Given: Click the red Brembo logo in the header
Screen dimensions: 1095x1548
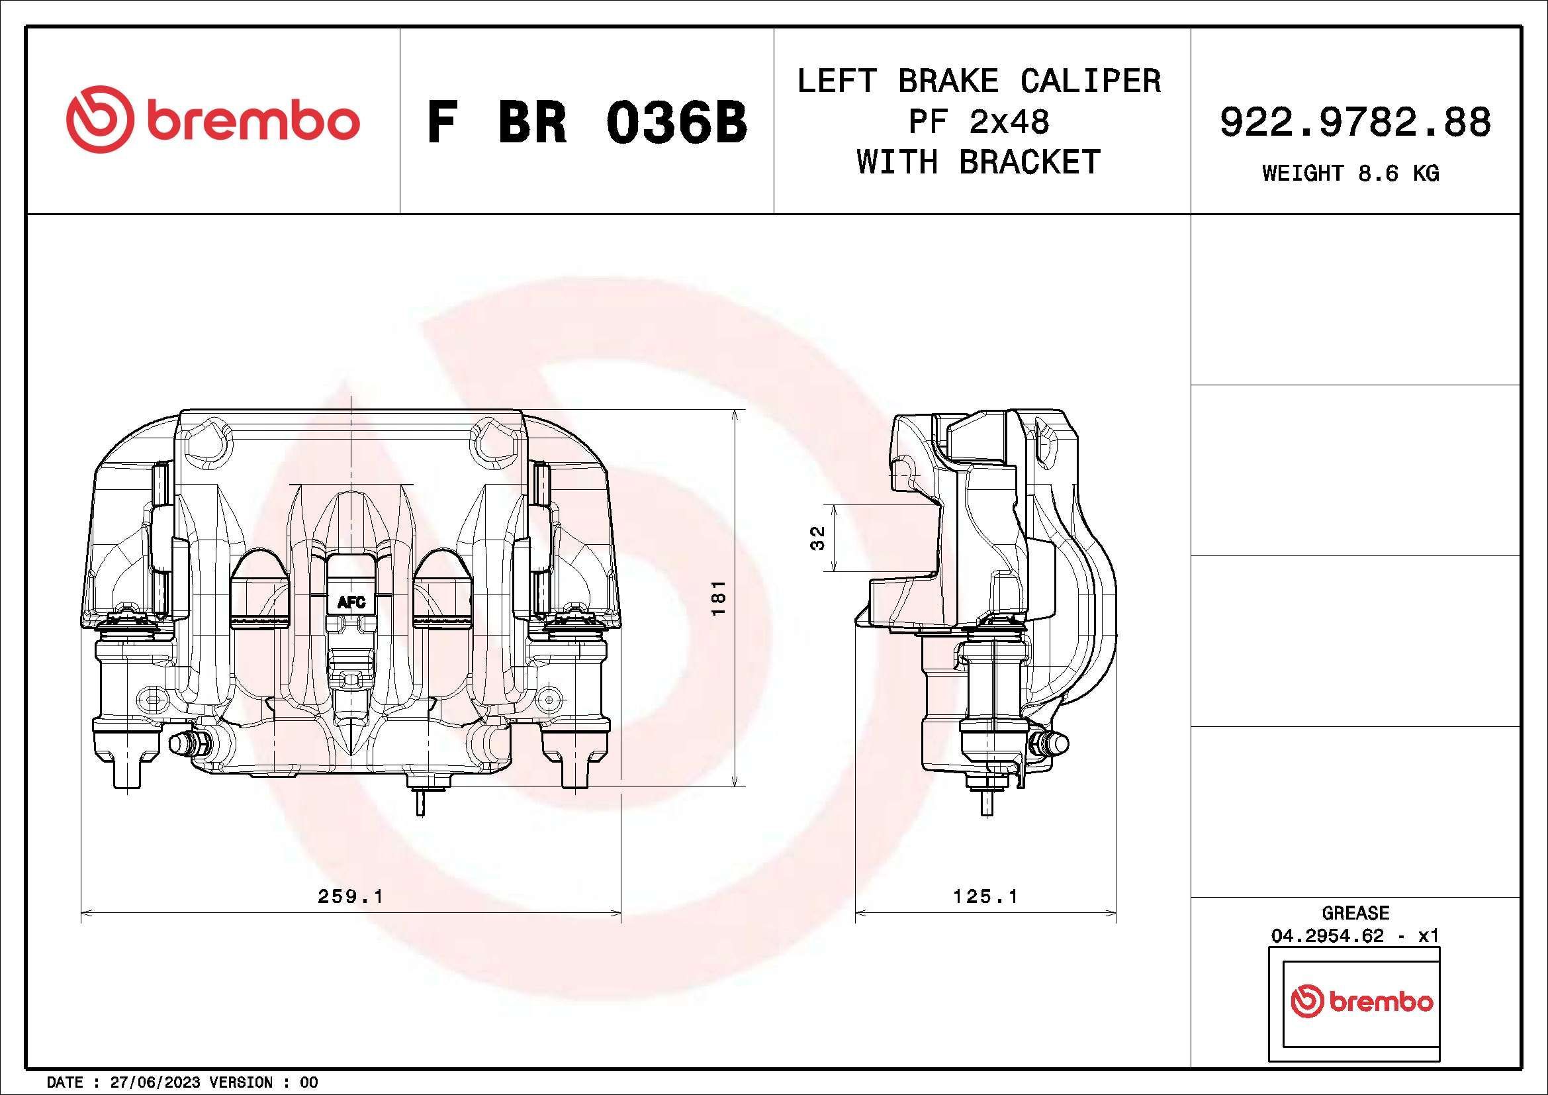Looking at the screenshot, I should pyautogui.click(x=213, y=119).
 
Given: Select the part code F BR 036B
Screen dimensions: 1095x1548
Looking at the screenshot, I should pyautogui.click(x=587, y=122).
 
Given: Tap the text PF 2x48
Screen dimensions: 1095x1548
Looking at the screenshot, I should pyautogui.click(x=979, y=122).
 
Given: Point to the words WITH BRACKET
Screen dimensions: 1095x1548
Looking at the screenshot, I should pyautogui.click(x=979, y=162).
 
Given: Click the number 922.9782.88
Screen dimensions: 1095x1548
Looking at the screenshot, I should pyautogui.click(x=1355, y=122).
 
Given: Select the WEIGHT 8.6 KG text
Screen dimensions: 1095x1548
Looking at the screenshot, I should pyautogui.click(x=1351, y=174).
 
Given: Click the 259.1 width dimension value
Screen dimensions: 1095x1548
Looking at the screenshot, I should pyautogui.click(x=350, y=896).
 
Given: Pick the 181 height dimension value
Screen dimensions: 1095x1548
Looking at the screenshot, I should pyautogui.click(x=719, y=597).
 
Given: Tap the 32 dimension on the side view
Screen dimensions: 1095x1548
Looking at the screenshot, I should pyautogui.click(x=817, y=538).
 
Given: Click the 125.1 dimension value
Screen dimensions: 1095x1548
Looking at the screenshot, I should pyautogui.click(x=985, y=896).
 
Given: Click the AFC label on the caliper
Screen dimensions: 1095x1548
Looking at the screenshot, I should pyautogui.click(x=351, y=602).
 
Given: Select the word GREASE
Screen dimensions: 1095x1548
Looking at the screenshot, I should pyautogui.click(x=1355, y=913).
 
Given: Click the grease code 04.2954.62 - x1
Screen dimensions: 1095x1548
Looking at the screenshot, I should pyautogui.click(x=1355, y=936).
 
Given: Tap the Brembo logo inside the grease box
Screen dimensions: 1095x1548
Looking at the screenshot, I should pyautogui.click(x=1361, y=1002).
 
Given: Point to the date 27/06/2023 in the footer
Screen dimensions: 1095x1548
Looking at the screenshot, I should pyautogui.click(x=154, y=1082).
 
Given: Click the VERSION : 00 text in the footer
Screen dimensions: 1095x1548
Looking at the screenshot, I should pyautogui.click(x=263, y=1082).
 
